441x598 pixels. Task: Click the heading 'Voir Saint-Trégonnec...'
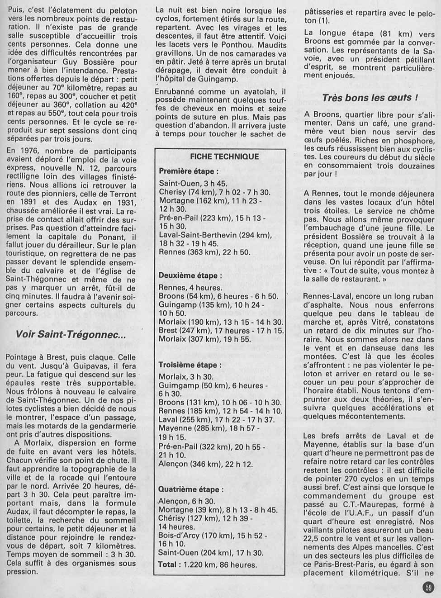[71, 335]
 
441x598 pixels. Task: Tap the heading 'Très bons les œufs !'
[370, 98]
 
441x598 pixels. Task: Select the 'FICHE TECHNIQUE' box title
[224, 157]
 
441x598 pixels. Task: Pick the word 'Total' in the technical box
[167, 565]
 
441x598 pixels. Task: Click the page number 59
[428, 588]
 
